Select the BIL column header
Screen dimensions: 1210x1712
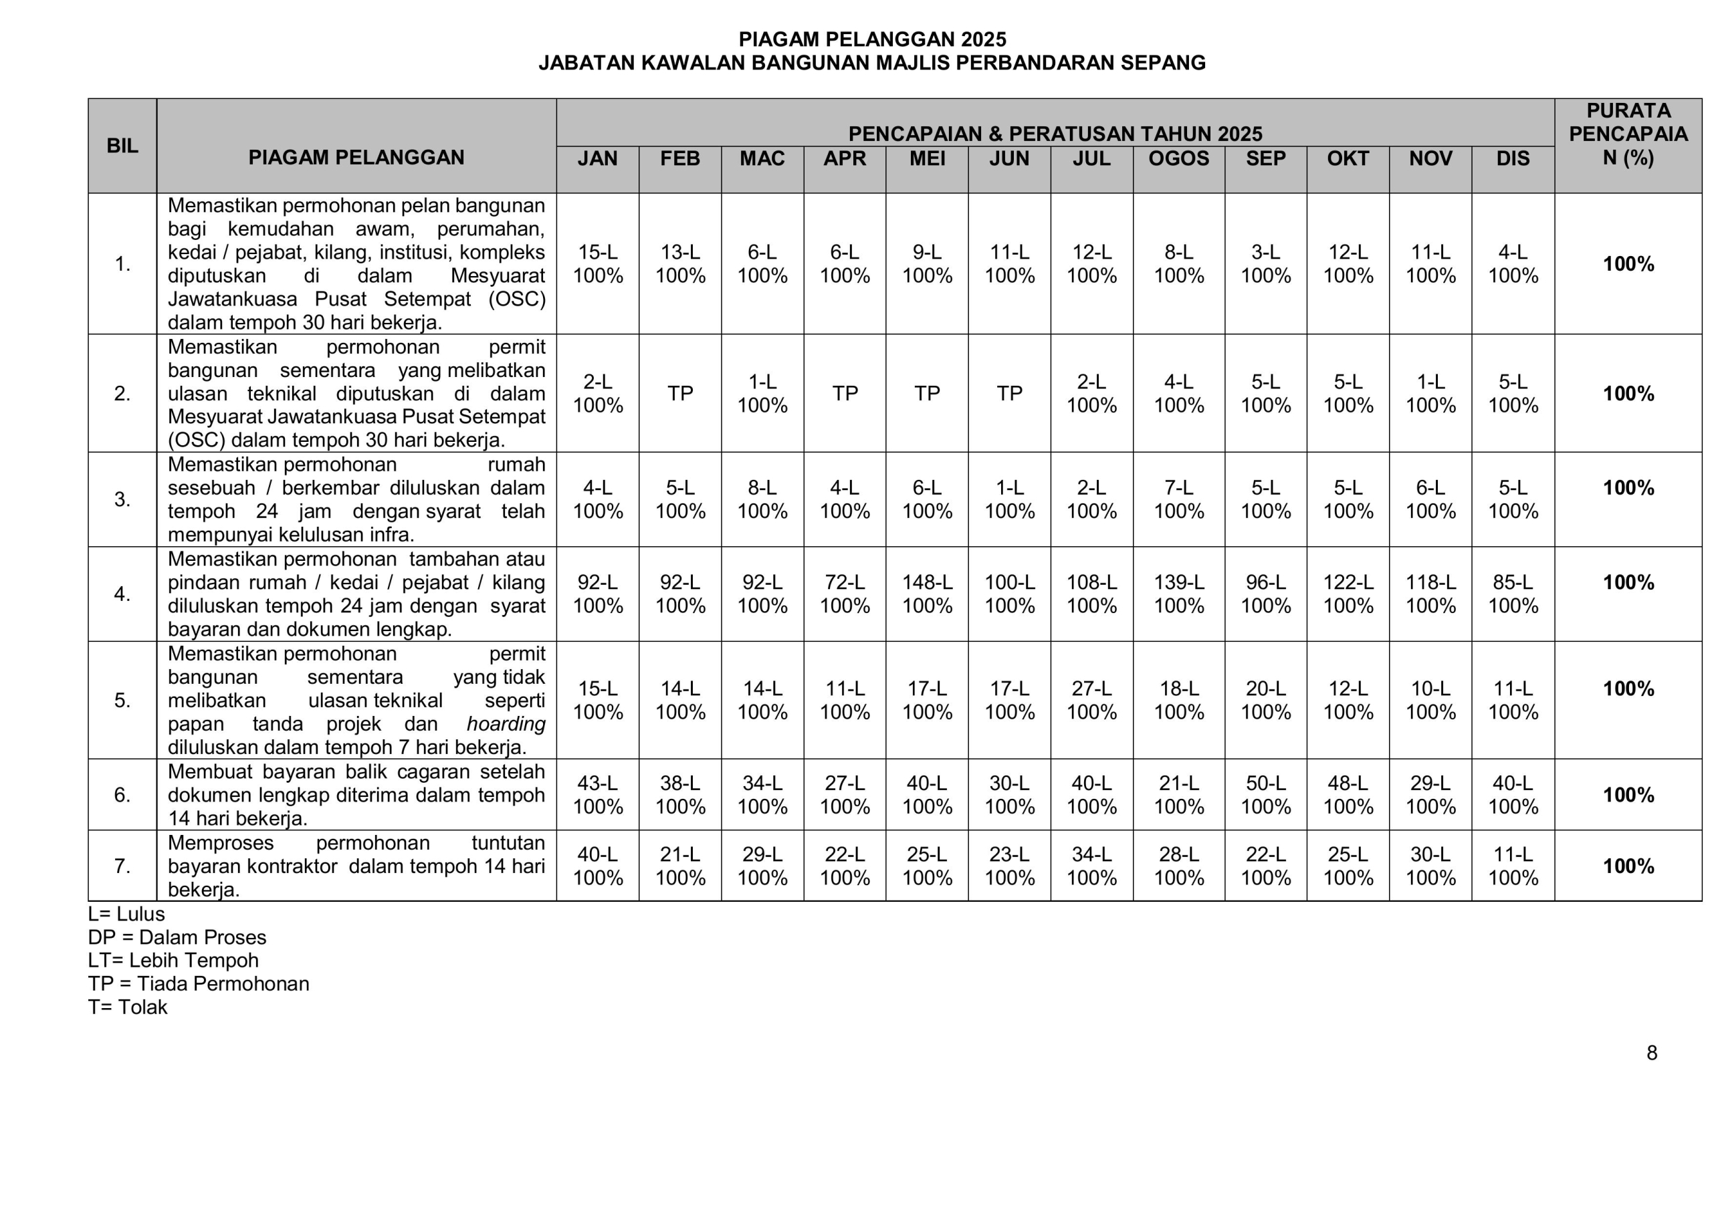[122, 146]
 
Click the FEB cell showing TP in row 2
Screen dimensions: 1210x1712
[680, 394]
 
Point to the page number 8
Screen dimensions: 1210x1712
[1652, 1053]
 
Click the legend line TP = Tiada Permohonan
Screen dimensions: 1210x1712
[199, 984]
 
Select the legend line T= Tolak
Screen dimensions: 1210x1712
[128, 1007]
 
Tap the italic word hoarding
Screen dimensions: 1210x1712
[506, 724]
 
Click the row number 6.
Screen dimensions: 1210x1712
[122, 795]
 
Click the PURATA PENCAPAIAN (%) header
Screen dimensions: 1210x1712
[1628, 134]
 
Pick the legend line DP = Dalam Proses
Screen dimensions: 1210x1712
[177, 937]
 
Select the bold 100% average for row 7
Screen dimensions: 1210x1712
[1628, 866]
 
